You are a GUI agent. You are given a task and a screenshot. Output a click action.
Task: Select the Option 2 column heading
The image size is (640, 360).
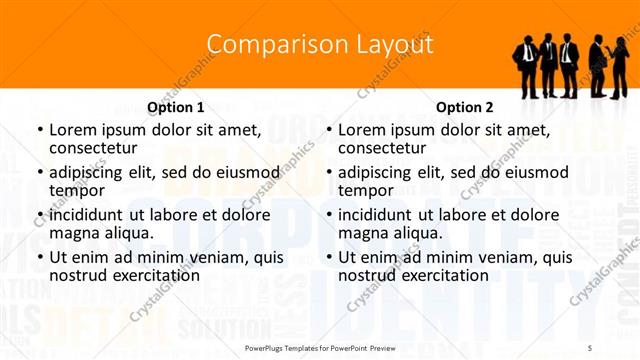(465, 107)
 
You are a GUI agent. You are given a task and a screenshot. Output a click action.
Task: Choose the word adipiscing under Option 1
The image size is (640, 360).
(91, 172)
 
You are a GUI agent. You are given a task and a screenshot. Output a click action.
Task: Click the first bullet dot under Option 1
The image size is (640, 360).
(39, 130)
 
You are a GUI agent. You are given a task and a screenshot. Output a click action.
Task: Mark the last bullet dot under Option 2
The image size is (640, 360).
(329, 257)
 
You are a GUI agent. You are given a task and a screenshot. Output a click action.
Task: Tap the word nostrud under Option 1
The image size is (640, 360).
(77, 275)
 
